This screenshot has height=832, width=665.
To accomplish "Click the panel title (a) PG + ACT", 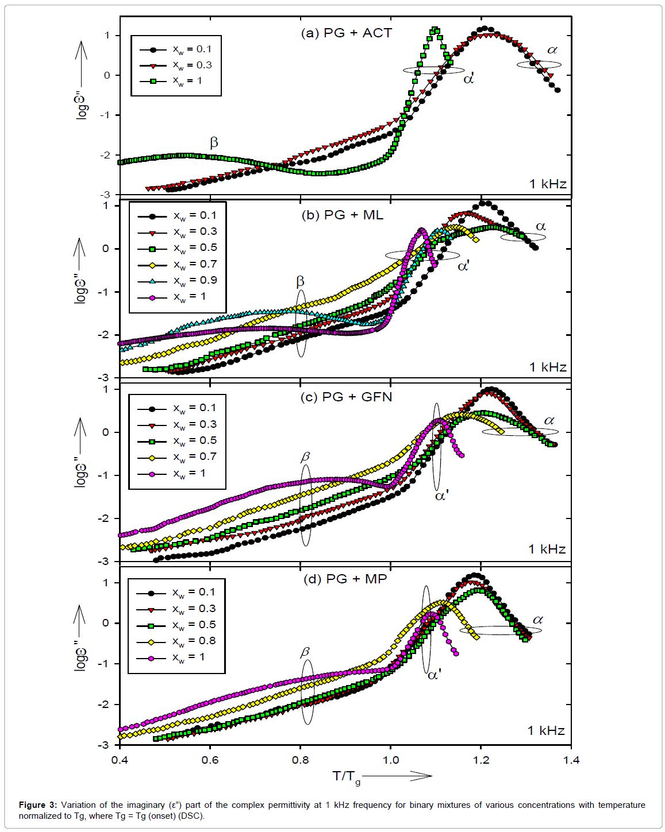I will (x=346, y=33).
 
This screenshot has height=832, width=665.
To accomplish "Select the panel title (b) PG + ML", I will (x=342, y=215).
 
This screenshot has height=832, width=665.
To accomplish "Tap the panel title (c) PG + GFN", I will (x=346, y=397).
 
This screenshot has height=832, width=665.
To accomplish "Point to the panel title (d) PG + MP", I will (x=345, y=579).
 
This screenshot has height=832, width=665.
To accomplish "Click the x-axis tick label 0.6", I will (x=210, y=760).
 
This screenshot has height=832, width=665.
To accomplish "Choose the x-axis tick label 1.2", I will (x=481, y=760).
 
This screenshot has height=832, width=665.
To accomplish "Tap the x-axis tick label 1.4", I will (x=571, y=760).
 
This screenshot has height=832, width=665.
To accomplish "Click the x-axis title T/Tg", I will (x=347, y=777).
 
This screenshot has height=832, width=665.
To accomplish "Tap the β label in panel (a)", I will (x=214, y=142).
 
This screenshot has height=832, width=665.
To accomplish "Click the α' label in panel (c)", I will (x=441, y=496).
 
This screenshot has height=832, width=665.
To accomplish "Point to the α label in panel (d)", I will (x=538, y=620).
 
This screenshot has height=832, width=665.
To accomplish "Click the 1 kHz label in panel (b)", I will (x=548, y=367).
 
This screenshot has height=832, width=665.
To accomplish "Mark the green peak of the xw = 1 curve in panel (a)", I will (x=435, y=30).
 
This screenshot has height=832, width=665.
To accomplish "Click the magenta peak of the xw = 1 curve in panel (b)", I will (x=422, y=230).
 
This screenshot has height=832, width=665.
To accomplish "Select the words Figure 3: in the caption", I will (x=38, y=805).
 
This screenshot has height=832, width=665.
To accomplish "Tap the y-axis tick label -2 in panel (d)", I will (x=105, y=705).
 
